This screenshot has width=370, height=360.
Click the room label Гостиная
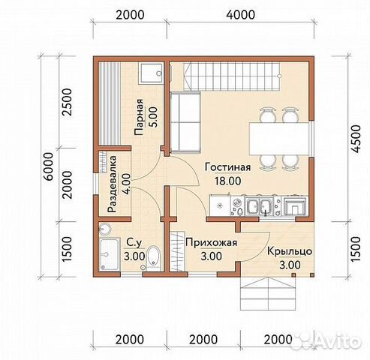(227, 167)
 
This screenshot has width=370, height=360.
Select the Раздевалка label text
(112, 184)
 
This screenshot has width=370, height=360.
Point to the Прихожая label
(212, 243)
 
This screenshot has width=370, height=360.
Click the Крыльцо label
(290, 251)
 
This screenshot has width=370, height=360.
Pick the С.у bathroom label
(134, 242)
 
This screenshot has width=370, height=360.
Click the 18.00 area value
(228, 181)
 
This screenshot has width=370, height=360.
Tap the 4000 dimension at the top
(240, 15)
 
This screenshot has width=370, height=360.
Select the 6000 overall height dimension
(48, 166)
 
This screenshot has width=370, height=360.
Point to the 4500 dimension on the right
(356, 139)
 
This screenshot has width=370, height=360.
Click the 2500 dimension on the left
(67, 102)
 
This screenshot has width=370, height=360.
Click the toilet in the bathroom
(153, 258)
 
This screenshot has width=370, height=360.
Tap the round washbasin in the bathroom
(105, 229)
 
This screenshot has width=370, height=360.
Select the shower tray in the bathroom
(110, 254)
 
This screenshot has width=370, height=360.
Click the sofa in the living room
(185, 122)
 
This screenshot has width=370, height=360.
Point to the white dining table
(278, 139)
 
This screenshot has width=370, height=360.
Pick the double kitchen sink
(259, 206)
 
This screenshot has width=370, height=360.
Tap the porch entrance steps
(268, 293)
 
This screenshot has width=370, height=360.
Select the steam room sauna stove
(152, 73)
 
